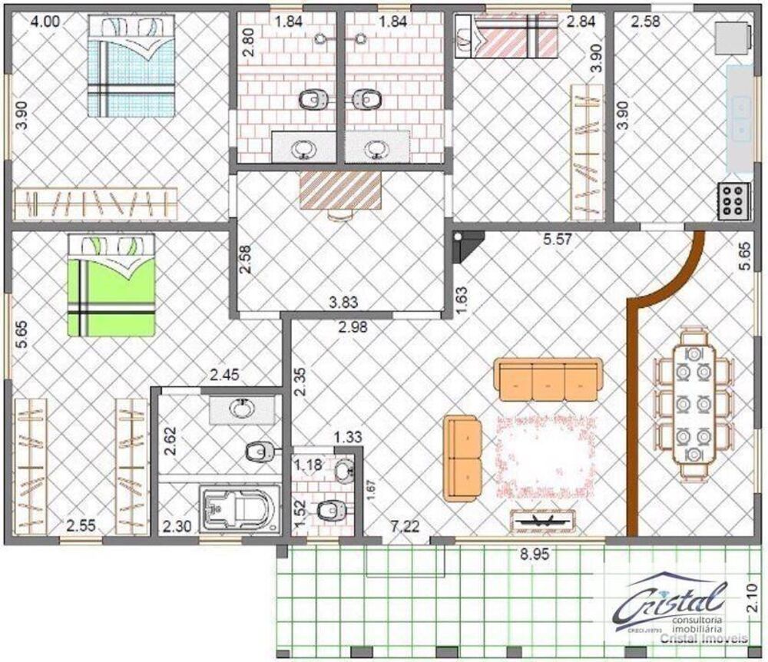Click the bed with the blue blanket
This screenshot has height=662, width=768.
click(x=131, y=68)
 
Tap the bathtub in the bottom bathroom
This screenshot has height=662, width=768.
click(x=236, y=509)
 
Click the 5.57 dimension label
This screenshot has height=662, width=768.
click(x=559, y=240)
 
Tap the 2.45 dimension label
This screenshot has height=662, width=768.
click(x=225, y=376)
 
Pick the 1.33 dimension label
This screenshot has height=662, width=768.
click(x=347, y=437)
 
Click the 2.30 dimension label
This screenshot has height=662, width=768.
click(x=178, y=527)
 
